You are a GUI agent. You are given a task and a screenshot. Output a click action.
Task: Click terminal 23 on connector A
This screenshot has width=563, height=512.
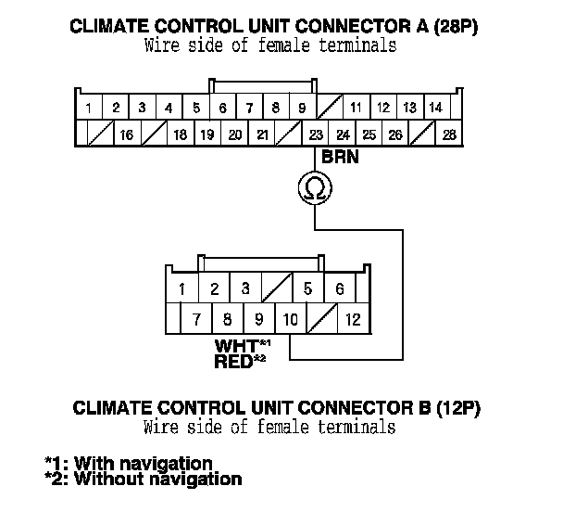click(316, 135)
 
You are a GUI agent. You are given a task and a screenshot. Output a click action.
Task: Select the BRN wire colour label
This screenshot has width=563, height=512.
click(339, 158)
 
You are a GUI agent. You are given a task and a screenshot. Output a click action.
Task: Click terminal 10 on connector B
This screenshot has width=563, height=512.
click(290, 321)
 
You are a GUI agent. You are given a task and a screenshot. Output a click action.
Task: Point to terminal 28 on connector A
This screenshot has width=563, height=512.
click(450, 135)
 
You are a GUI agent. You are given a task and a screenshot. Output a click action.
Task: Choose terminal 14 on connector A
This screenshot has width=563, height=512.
click(436, 109)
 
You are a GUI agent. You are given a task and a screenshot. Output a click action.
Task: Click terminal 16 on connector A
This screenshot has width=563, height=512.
click(128, 135)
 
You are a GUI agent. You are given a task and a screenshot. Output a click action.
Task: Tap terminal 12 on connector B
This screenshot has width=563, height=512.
click(353, 321)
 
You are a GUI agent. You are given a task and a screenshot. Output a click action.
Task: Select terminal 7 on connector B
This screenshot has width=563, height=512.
click(196, 321)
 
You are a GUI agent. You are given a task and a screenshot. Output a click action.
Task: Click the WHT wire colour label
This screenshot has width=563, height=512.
click(237, 346)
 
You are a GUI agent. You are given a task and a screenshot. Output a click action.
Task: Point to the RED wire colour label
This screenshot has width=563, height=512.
click(233, 361)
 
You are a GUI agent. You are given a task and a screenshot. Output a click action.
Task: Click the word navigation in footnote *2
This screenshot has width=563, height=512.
click(190, 480)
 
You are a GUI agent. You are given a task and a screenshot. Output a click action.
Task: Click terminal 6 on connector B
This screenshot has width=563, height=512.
click(340, 289)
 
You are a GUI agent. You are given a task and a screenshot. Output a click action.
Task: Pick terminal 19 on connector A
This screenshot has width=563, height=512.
click(207, 135)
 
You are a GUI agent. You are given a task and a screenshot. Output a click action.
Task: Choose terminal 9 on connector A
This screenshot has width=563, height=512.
click(302, 109)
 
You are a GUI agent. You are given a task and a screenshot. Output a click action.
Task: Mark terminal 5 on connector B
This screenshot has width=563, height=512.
click(307, 289)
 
